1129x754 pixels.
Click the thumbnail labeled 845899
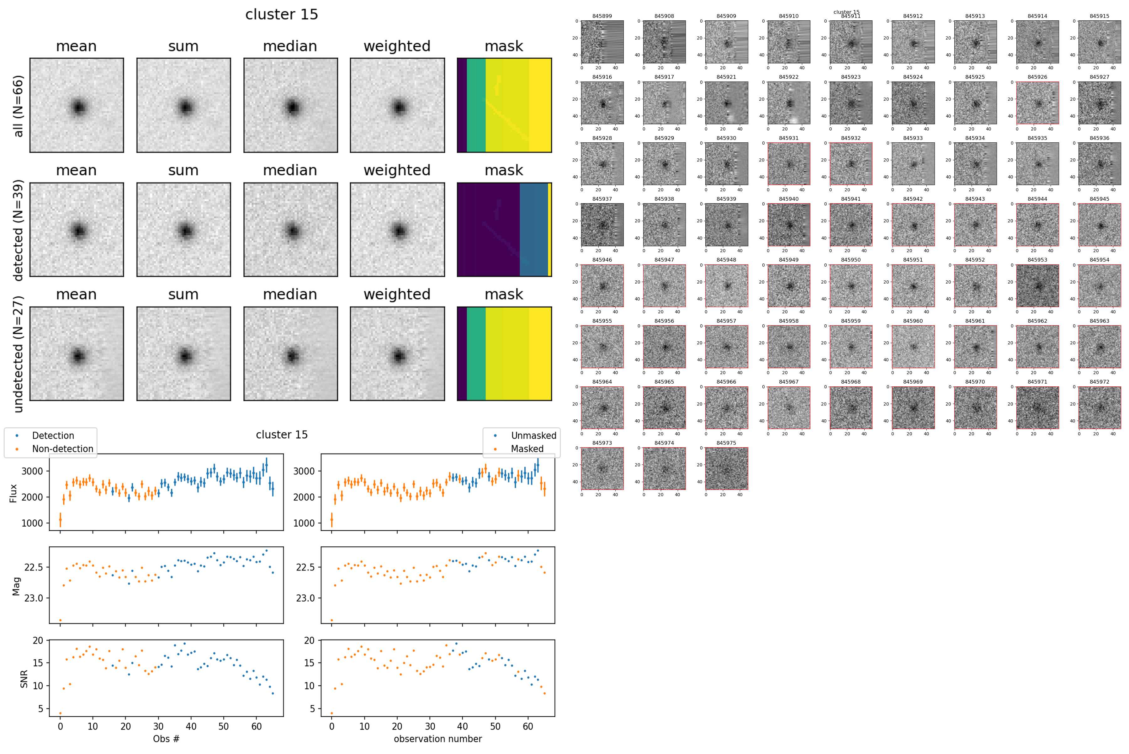pyautogui.click(x=602, y=42)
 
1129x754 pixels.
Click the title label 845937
pyautogui.click(x=602, y=199)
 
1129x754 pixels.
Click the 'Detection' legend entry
pyautogui.click(x=53, y=436)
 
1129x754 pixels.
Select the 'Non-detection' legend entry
pyautogui.click(x=62, y=449)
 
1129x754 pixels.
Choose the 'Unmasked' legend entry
pyautogui.click(x=533, y=436)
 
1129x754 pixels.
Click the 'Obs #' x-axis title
pyautogui.click(x=166, y=739)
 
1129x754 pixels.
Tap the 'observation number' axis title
pyautogui.click(x=437, y=739)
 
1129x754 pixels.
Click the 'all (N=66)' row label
pyautogui.click(x=18, y=106)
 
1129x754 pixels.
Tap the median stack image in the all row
pyautogui.click(x=290, y=105)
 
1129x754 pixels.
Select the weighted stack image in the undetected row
pyautogui.click(x=397, y=353)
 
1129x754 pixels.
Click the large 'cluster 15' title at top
pyautogui.click(x=281, y=14)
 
